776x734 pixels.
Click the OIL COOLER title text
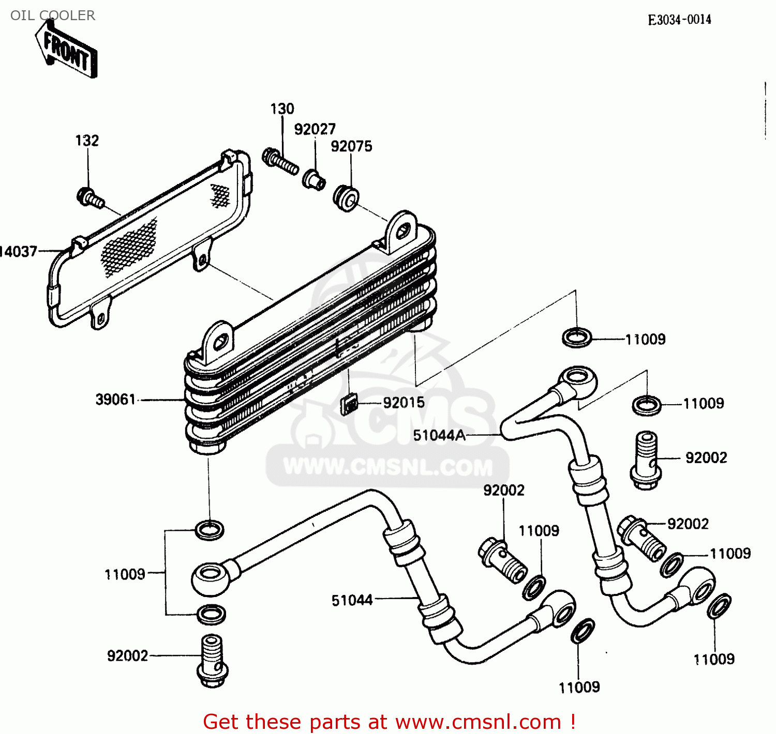click(x=53, y=16)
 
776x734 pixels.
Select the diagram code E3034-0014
click(x=679, y=20)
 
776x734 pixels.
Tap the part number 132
click(x=87, y=141)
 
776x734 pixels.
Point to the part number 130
click(x=282, y=109)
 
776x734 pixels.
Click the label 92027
click(x=315, y=129)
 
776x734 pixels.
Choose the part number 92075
click(x=351, y=146)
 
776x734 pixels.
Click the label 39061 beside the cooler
click(x=115, y=400)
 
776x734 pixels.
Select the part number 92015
click(x=404, y=403)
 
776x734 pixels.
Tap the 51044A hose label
click(x=439, y=436)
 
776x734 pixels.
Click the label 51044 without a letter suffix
click(x=352, y=600)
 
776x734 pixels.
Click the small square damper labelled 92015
click(x=349, y=404)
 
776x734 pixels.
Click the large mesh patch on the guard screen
click(x=129, y=247)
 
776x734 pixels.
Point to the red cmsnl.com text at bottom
click(x=389, y=722)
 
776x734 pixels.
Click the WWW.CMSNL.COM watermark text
click(x=388, y=467)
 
